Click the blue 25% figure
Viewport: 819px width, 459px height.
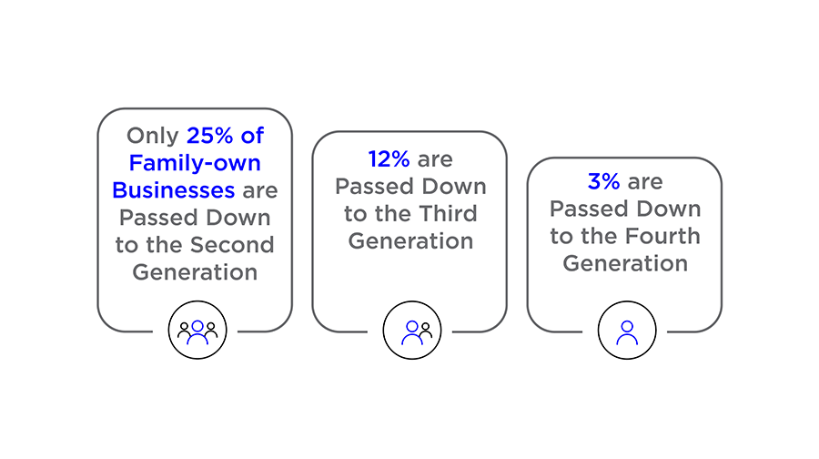[210, 136]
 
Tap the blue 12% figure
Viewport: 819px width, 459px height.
[389, 159]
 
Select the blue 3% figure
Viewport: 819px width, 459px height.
[604, 182]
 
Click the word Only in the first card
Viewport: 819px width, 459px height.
[153, 136]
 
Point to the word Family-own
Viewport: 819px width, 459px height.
[195, 163]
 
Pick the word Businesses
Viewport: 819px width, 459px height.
[174, 190]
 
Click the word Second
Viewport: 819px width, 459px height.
[232, 245]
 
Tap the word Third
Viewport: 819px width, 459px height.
[448, 214]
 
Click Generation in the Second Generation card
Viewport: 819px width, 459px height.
[195, 272]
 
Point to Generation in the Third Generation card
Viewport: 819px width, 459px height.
[410, 241]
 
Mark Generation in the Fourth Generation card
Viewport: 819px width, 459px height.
[625, 263]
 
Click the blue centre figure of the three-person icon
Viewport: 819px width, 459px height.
[197, 332]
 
